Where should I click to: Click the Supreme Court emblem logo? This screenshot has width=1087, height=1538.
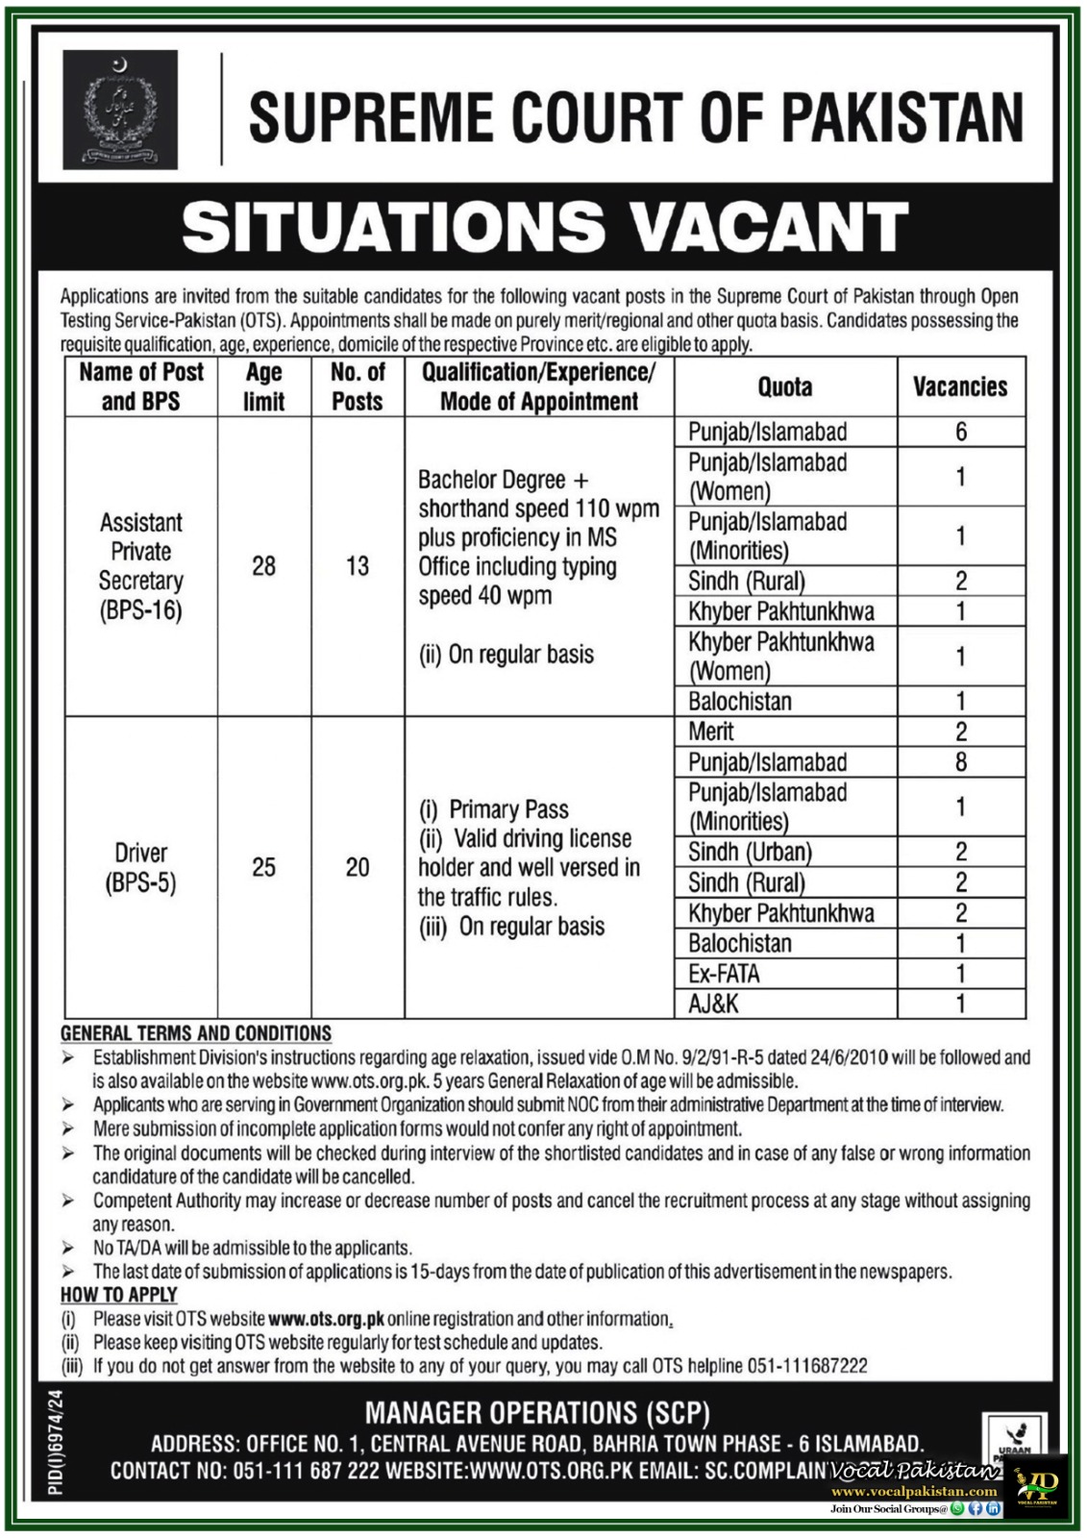[120, 111]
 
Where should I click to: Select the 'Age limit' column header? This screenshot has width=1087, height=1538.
[263, 386]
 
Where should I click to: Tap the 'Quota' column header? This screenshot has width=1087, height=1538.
[785, 386]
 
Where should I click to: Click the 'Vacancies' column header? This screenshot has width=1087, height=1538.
[960, 386]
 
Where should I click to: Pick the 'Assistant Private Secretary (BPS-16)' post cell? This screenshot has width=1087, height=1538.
[141, 566]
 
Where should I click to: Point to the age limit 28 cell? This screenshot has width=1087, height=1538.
[263, 566]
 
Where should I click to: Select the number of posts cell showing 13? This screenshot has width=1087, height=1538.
[358, 566]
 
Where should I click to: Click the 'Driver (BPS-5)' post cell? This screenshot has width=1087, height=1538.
[141, 867]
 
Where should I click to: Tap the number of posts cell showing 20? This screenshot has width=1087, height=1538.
[358, 867]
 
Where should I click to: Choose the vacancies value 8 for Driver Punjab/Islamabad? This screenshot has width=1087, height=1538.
[960, 762]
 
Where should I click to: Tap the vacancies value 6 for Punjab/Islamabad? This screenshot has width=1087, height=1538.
[960, 432]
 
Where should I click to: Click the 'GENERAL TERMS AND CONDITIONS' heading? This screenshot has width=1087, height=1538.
[196, 1033]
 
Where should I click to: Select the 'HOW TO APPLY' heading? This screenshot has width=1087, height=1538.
[119, 1295]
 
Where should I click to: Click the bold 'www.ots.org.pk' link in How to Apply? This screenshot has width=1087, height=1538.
[326, 1319]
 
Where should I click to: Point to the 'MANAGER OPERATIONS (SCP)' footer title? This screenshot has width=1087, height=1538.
[537, 1413]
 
